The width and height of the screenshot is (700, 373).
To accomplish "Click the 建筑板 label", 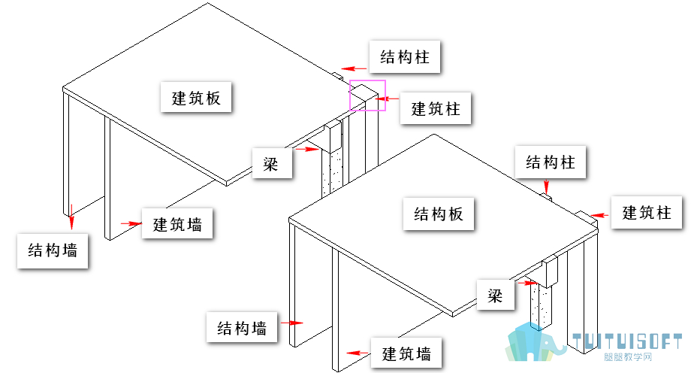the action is (x=196, y=97).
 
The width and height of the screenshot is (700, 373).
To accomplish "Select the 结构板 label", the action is (x=439, y=214).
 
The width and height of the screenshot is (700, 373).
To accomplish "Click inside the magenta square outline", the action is (x=367, y=95).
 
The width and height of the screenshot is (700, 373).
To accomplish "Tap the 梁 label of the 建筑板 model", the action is (x=272, y=163).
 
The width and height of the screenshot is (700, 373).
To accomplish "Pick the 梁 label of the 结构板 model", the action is (x=496, y=295).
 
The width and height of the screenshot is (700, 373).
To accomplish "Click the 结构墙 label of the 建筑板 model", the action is (x=53, y=250).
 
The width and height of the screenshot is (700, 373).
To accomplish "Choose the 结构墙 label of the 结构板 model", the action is (x=242, y=327).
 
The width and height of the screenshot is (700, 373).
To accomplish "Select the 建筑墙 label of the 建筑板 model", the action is (x=177, y=223).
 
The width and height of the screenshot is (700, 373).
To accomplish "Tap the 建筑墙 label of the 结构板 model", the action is (x=406, y=353).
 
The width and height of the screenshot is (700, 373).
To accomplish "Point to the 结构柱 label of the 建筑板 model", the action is (x=405, y=57).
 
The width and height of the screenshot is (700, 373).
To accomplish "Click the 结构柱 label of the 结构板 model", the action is (x=550, y=162).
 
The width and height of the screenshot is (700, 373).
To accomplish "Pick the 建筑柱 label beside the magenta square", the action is (x=436, y=108).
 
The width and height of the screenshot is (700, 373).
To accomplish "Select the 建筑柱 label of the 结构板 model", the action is (x=647, y=212).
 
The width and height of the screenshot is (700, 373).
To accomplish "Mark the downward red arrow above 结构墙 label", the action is (x=71, y=216).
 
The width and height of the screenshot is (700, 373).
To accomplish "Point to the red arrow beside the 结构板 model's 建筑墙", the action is (x=358, y=353).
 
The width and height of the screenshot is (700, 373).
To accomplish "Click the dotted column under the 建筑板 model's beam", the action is (x=331, y=173).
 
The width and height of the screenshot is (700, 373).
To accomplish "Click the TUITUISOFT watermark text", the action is (x=627, y=341).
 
